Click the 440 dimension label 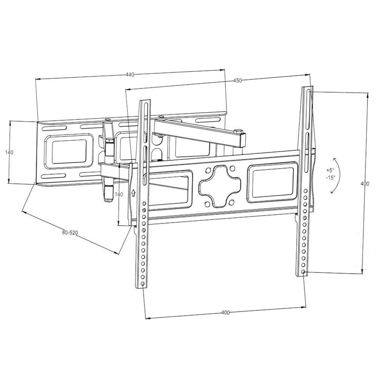coord(130,75)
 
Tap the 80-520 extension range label coord(70,233)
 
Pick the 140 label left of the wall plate coord(9,152)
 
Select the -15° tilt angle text coord(331,177)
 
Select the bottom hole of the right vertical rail coord(303,272)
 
